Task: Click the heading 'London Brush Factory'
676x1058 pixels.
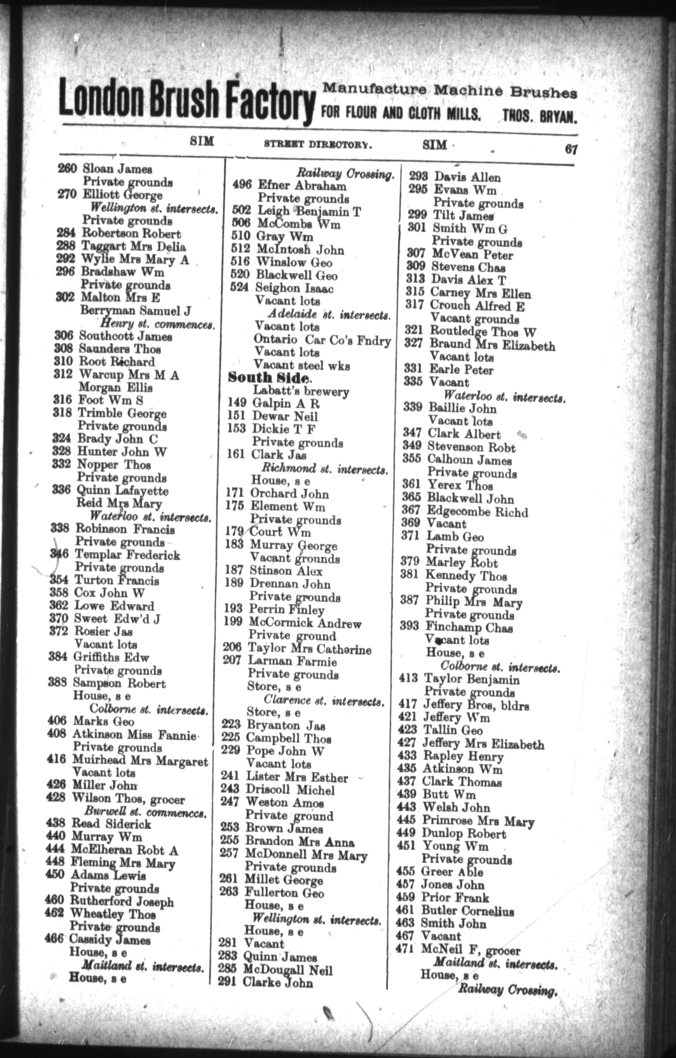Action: click(x=187, y=101)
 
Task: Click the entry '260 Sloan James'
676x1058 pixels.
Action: click(x=105, y=169)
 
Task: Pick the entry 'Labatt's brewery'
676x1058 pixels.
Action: click(x=301, y=391)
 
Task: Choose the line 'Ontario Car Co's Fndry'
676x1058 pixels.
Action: click(x=322, y=340)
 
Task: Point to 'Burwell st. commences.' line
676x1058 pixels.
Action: click(x=146, y=812)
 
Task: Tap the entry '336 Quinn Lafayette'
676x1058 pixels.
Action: click(x=110, y=491)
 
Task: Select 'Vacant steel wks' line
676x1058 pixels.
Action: click(x=302, y=365)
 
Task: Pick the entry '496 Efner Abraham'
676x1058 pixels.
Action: click(x=289, y=186)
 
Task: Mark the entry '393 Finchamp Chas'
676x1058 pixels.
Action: click(x=456, y=627)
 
